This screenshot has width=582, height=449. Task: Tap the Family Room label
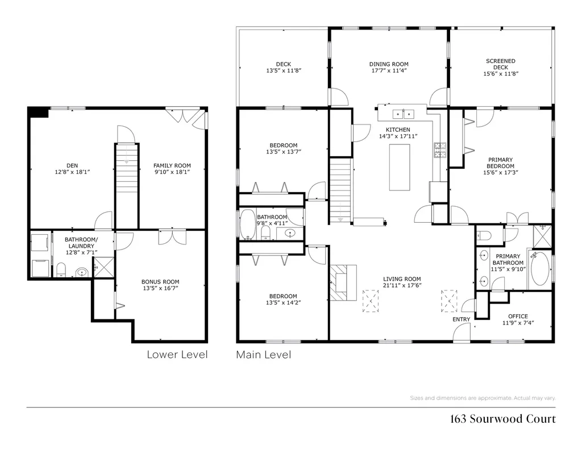172,165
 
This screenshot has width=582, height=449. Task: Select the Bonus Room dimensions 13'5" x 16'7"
160,288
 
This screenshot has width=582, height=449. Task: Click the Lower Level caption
177,355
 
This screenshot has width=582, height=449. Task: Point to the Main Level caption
263,355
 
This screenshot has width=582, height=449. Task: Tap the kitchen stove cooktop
440,149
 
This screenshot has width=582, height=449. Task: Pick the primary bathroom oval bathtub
539,270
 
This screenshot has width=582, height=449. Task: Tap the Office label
518,317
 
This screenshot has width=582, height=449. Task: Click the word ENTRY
461,319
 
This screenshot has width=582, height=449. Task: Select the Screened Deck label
501,64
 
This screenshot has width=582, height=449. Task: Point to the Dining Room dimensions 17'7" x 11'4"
389,71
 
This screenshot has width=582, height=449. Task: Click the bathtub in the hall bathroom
248,224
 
